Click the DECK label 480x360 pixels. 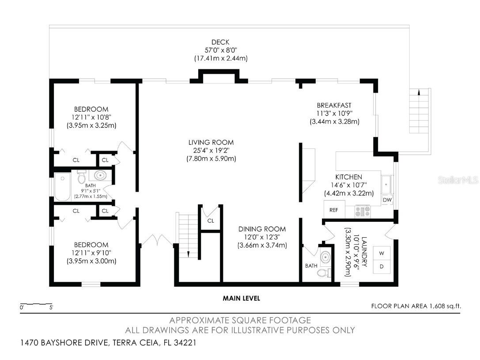coord(220,42)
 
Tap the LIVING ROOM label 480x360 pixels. coord(211,142)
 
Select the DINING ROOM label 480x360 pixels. coord(262,229)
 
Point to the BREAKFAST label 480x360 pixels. coord(334,105)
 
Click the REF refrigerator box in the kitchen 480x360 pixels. coord(334,210)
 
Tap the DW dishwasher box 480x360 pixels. coord(387,200)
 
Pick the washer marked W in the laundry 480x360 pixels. coord(381,253)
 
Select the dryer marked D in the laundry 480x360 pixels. coord(381,267)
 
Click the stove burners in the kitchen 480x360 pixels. coord(363,211)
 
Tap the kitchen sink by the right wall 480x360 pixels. coord(387,183)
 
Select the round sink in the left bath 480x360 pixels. coord(101,175)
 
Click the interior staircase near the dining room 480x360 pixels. coord(188,234)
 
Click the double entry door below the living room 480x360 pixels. coord(157,241)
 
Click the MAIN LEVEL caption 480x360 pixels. coord(241,299)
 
